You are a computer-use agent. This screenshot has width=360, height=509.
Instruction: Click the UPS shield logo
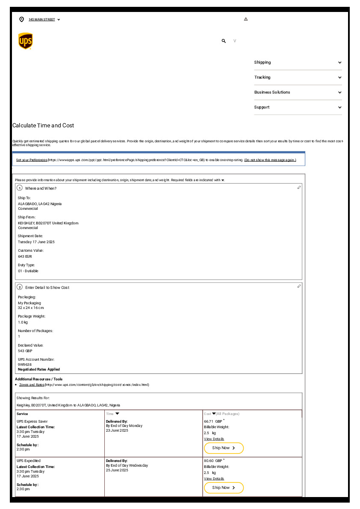tap(25, 41)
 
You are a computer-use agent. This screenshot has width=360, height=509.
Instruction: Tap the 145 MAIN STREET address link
tap(42, 20)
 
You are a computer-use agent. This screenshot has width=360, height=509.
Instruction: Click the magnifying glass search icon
tap(224, 41)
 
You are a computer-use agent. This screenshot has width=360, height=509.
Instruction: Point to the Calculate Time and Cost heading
tap(43, 126)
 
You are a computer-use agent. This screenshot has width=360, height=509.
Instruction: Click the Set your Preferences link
tap(32, 160)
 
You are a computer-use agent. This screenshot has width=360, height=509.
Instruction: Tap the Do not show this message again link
tap(270, 160)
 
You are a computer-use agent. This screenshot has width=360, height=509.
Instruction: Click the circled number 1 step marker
tap(20, 188)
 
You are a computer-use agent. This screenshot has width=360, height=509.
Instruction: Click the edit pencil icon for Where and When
tap(299, 188)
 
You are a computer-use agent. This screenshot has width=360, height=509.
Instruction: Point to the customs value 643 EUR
tap(25, 256)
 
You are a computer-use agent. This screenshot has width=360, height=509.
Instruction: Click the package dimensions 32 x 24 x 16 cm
tap(31, 308)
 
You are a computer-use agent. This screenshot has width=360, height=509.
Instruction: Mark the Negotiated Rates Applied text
tap(39, 369)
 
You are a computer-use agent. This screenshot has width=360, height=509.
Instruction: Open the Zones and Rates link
tap(32, 385)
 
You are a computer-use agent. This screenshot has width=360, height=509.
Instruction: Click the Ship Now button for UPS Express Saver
tap(224, 448)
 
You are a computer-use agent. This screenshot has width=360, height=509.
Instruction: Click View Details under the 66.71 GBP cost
tap(214, 439)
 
